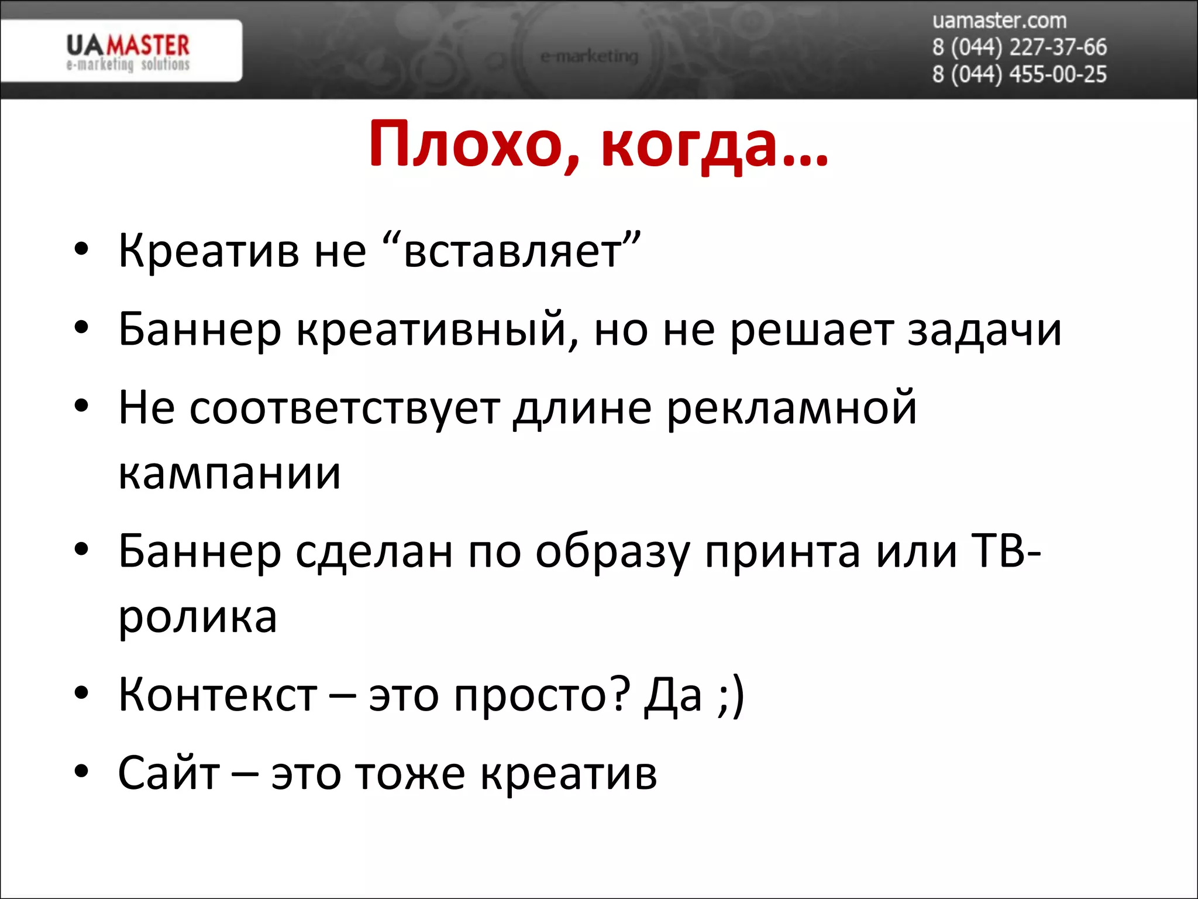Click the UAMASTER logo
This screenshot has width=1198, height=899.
pos(128,52)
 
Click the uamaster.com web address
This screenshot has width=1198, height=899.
pos(999,21)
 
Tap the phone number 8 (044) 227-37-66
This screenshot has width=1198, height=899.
pos(1019,47)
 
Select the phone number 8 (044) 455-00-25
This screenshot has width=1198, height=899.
pos(1019,74)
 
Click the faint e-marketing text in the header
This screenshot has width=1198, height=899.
pos(589,56)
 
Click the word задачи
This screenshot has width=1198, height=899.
pos(984,330)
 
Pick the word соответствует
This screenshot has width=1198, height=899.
pos(345,408)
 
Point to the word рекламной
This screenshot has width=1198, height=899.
pos(791,408)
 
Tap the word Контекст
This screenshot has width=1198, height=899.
pos(218,695)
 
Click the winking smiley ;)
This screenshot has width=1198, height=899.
pos(730,695)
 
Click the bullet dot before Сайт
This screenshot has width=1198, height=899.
pos(81,771)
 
